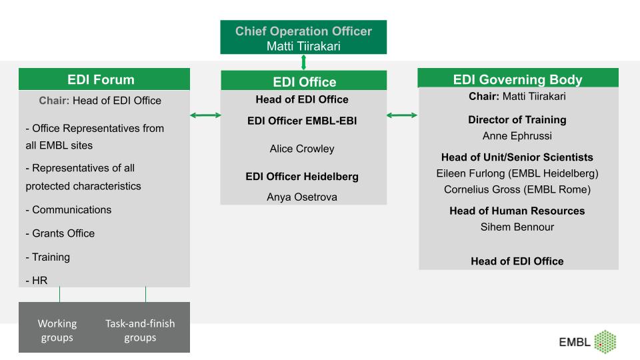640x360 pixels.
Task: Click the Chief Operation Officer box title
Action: [303, 31]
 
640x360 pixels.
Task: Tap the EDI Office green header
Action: [304, 81]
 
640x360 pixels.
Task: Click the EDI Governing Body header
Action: [518, 78]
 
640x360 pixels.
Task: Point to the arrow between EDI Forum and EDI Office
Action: [205, 115]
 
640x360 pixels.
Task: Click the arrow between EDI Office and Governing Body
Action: [402, 115]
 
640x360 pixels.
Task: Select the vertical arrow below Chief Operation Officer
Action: [303, 63]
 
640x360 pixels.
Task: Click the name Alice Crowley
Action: [302, 149]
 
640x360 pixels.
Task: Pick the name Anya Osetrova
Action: [302, 197]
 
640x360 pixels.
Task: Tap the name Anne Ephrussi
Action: [517, 136]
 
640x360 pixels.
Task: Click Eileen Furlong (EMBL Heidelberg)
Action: [517, 173]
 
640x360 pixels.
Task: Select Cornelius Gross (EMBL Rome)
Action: [517, 189]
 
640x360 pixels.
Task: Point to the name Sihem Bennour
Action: [517, 227]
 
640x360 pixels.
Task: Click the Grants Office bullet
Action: [60, 233]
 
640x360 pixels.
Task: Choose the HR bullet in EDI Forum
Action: [36, 281]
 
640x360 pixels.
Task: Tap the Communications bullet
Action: [69, 210]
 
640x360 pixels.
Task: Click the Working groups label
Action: [57, 330]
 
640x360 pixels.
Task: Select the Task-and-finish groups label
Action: [140, 330]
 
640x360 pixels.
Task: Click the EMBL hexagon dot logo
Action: [605, 341]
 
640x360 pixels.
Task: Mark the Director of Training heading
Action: [517, 119]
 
